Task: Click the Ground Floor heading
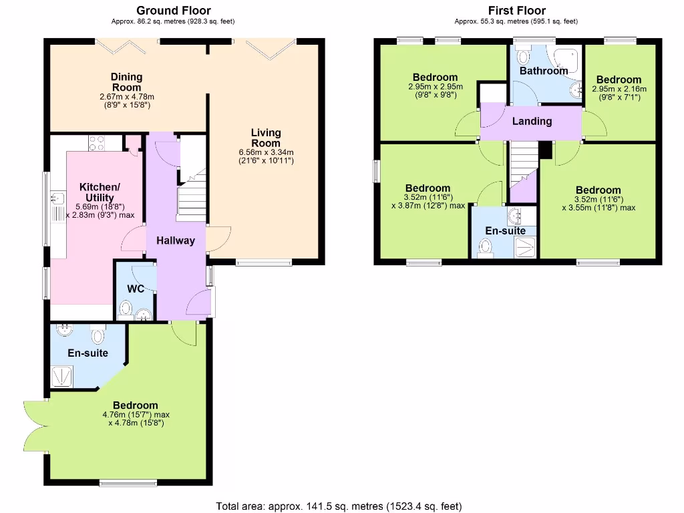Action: pos(173,10)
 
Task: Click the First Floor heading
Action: pos(516,10)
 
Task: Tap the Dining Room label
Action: pos(126,82)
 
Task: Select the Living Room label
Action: pos(266,138)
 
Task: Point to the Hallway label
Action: pos(176,240)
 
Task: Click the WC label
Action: pos(136,289)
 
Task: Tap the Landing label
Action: pos(532,121)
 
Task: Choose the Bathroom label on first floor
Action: pos(544,70)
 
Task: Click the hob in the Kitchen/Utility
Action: pos(97,142)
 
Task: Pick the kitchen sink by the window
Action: pos(57,198)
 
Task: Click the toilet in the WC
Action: pos(125,309)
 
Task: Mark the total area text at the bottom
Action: pos(339,506)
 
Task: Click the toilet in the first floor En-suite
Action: pos(486,247)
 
